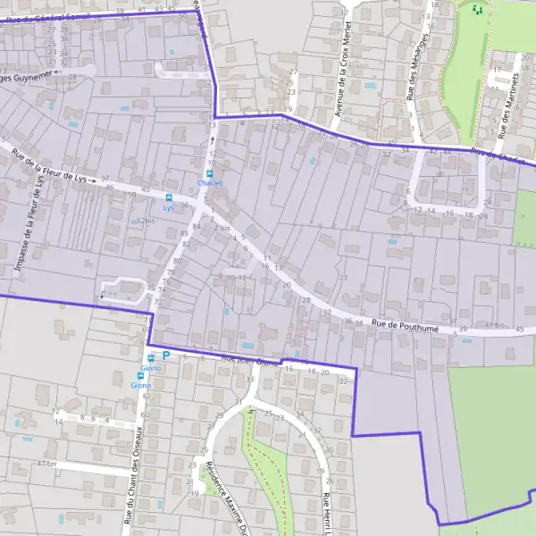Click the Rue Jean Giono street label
click(x=249, y=361)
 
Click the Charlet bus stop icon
click(x=210, y=173)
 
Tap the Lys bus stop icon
click(x=169, y=197)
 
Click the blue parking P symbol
click(x=165, y=356)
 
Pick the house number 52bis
click(x=147, y=220)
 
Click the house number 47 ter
click(x=48, y=464)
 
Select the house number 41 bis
click(x=494, y=325)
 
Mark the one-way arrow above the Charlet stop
click(x=213, y=139)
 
